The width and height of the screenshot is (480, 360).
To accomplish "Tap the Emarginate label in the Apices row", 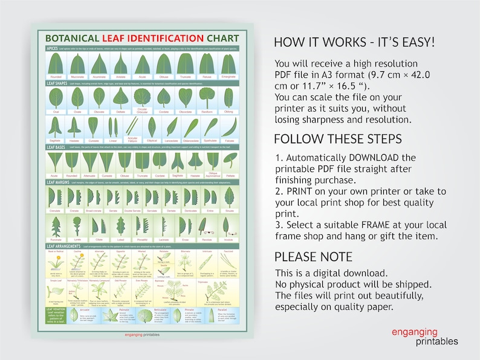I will point(228,77).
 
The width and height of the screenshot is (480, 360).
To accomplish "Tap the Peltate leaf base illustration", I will point(230,161).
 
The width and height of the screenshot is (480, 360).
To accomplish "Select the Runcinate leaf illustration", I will point(55,226).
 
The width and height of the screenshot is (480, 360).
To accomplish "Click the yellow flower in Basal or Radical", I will point(55,262).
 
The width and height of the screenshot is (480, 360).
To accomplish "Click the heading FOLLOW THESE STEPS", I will point(337,139).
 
